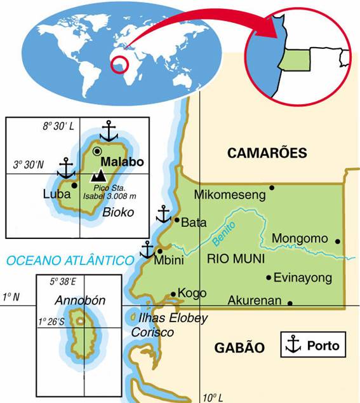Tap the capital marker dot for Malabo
click(x=97, y=151)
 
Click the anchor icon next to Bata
click(x=164, y=214)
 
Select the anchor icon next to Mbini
click(x=147, y=249)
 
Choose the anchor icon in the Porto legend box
click(x=293, y=345)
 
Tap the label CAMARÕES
click(x=267, y=153)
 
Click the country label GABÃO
click(x=239, y=347)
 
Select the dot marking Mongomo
click(x=338, y=242)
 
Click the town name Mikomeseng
click(x=229, y=195)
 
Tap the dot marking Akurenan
click(x=290, y=303)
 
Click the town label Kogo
click(x=192, y=293)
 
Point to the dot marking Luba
click(x=75, y=186)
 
